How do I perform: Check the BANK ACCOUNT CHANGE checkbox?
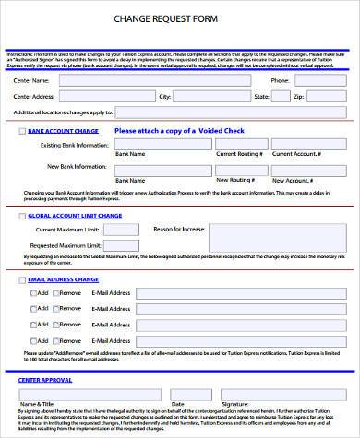(23, 132)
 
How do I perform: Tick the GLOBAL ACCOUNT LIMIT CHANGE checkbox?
(23, 215)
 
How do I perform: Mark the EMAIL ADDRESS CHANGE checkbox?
(23, 278)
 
